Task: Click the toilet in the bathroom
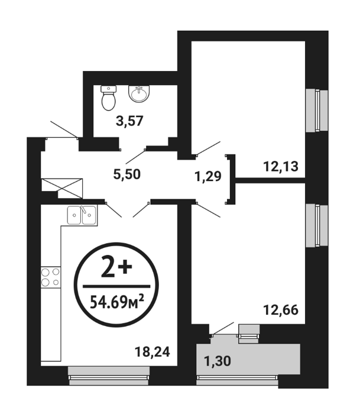click(x=108, y=98)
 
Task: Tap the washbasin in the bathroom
click(x=139, y=93)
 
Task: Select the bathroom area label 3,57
click(x=129, y=121)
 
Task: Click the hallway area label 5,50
click(x=127, y=174)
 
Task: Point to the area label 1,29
click(x=207, y=176)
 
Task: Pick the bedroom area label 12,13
click(x=281, y=167)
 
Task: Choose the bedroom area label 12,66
click(x=281, y=310)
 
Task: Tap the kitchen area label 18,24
click(x=153, y=352)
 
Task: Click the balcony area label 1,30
click(x=218, y=361)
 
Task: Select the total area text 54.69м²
click(x=117, y=302)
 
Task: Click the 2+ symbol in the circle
click(x=116, y=268)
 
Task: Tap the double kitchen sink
click(x=82, y=215)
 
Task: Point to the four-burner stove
click(x=50, y=277)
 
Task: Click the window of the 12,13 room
click(x=317, y=111)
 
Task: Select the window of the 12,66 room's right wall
click(x=317, y=226)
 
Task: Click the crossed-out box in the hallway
click(x=62, y=188)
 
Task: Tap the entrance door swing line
click(x=64, y=130)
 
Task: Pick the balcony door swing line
click(x=223, y=328)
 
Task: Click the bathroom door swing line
click(x=135, y=157)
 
